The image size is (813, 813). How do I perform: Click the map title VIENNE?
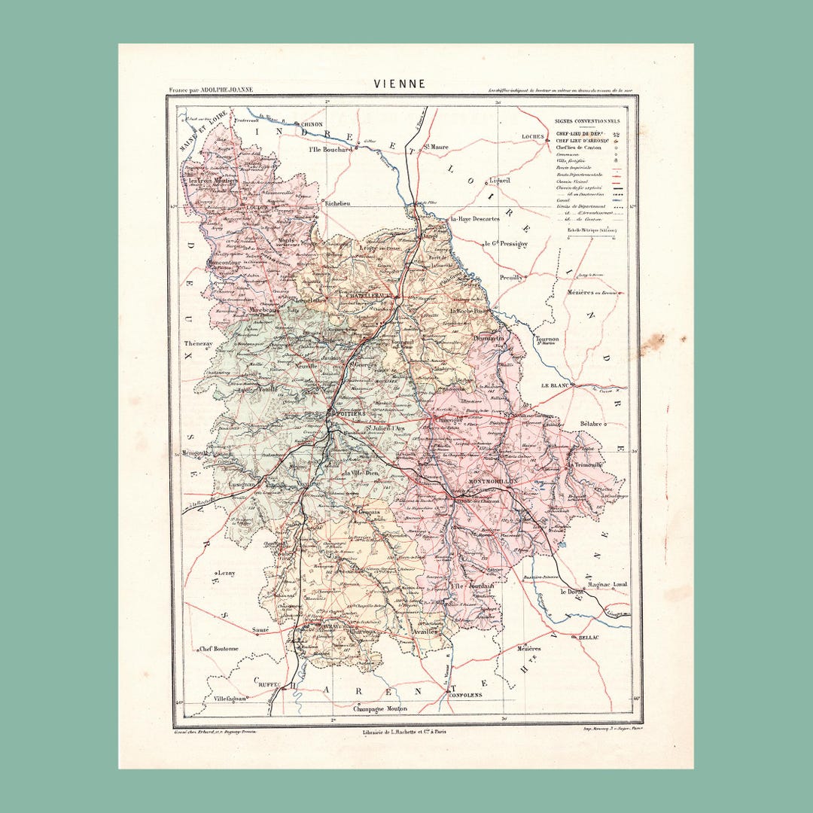(x=400, y=84)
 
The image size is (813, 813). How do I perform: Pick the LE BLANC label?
(x=555, y=385)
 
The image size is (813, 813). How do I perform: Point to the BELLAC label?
(x=589, y=638)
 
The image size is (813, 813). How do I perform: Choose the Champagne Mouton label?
(x=380, y=709)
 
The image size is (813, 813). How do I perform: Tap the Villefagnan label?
(x=230, y=698)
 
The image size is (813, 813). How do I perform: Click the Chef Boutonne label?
(x=219, y=648)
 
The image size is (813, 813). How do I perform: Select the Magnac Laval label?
(x=609, y=583)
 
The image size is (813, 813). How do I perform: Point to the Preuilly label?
(x=511, y=277)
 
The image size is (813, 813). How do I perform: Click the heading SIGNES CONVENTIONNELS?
(x=587, y=120)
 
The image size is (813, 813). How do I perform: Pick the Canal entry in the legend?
(x=561, y=200)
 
